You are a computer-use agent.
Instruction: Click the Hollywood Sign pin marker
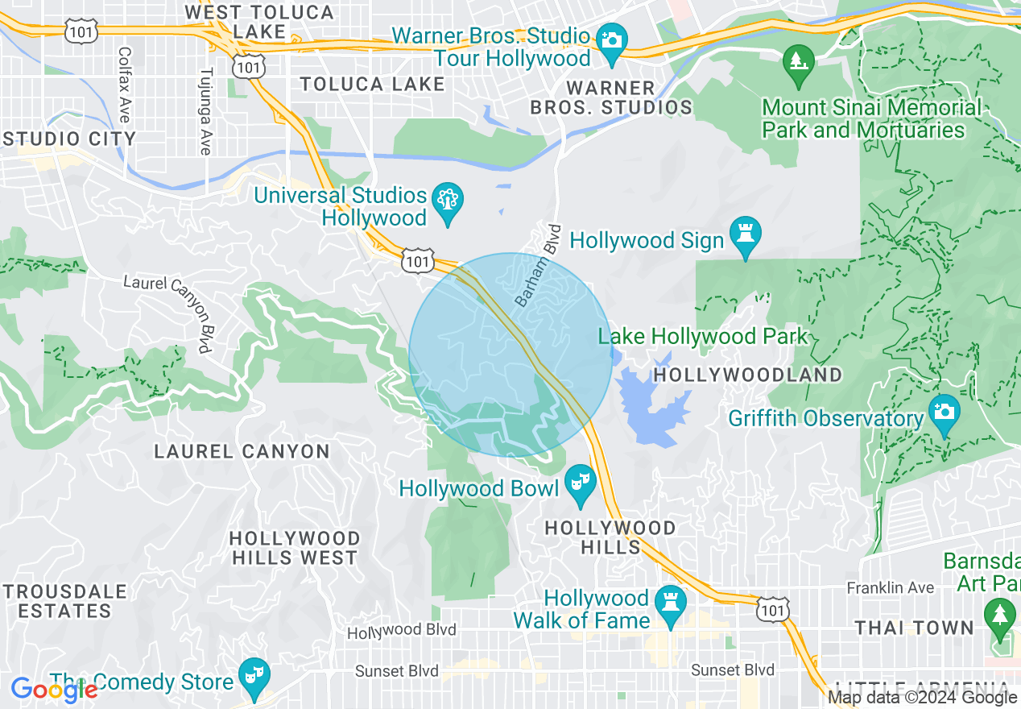[745, 234]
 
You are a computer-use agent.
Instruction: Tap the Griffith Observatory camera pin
[944, 413]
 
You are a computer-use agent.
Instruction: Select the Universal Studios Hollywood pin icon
[447, 201]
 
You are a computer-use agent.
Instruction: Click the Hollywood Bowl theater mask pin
[580, 483]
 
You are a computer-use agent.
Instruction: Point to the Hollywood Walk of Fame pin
[670, 603]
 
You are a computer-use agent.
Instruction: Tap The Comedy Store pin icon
[255, 675]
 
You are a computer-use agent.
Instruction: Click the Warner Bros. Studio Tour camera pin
[611, 42]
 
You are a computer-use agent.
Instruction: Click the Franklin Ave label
[890, 588]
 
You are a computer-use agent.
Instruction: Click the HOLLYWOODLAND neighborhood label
[747, 375]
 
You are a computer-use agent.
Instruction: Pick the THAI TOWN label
[914, 627]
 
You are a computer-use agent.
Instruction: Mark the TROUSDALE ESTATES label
[64, 601]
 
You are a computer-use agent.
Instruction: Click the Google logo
[54, 690]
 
